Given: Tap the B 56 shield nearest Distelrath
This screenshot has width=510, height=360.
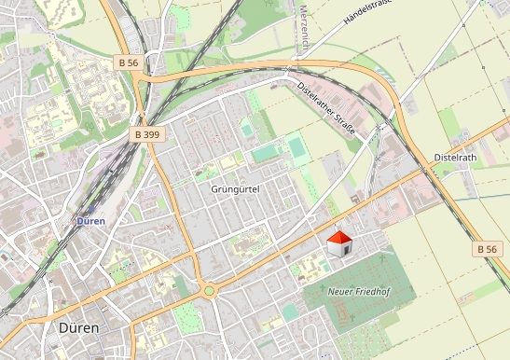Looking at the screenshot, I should click(485, 249).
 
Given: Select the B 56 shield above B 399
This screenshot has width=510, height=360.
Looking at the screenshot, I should click(130, 61).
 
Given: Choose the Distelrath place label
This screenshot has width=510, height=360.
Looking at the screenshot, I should click(454, 158).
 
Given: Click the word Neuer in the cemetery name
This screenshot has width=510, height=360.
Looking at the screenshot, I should click(342, 292).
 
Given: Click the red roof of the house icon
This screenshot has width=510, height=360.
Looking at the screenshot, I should click(339, 238).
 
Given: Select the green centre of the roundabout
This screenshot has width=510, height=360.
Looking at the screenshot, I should click(209, 290).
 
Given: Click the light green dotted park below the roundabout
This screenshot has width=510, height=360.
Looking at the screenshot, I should click(188, 317).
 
